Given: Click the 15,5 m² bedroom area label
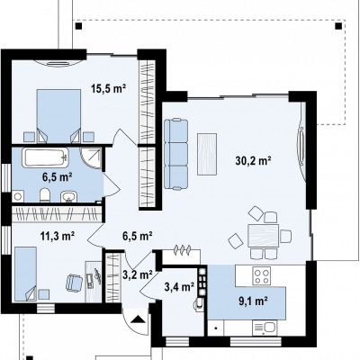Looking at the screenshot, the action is point(108,88).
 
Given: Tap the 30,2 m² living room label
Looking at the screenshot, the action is point(254,161).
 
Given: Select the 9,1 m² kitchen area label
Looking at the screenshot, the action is point(253,301).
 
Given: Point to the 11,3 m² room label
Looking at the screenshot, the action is point(58,236).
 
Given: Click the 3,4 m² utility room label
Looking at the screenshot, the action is point(179,287).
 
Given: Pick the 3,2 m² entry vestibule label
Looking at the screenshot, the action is point(138,274).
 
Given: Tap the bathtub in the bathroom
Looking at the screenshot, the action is point(45,157).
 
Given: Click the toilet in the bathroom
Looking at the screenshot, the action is point(45,195).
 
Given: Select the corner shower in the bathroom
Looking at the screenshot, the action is point(91,157).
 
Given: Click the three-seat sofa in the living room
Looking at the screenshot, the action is point(176,155).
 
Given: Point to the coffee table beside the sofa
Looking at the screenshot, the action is point(207,154).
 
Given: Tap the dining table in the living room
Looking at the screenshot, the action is point(264,236).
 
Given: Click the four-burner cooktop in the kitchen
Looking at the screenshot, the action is point(262,275).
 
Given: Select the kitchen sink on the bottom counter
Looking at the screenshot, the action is point(265,328).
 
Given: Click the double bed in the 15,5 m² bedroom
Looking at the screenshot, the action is point(58,116).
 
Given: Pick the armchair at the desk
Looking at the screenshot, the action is point(74,283).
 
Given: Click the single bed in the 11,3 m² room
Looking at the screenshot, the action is point(26,274).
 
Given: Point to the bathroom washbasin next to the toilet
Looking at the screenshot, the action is point(69,196).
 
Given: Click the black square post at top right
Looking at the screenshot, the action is point(338,25).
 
